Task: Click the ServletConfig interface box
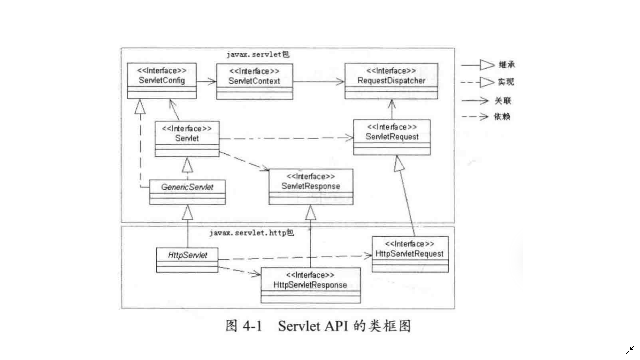pyautogui.click(x=162, y=81)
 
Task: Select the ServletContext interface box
pyautogui.click(x=255, y=81)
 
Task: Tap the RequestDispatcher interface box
pyautogui.click(x=391, y=81)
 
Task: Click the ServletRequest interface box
pyautogui.click(x=392, y=137)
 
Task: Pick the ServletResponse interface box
pyautogui.click(x=311, y=186)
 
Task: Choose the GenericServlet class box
pyautogui.click(x=187, y=192)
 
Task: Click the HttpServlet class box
pyautogui.click(x=187, y=260)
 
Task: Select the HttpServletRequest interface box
pyautogui.click(x=410, y=254)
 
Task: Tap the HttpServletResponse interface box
pyautogui.click(x=310, y=285)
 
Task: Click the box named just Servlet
pyautogui.click(x=187, y=138)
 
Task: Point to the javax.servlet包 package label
pyautogui.click(x=258, y=55)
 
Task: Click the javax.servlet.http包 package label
pyautogui.click(x=252, y=233)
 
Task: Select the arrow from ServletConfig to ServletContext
pyautogui.click(x=206, y=81)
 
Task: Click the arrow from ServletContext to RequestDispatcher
pyautogui.click(x=318, y=81)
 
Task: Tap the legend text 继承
pyautogui.click(x=507, y=65)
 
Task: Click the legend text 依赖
pyautogui.click(x=502, y=117)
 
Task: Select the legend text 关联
pyautogui.click(x=503, y=101)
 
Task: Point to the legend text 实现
pyautogui.click(x=506, y=82)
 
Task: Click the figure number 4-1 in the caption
pyautogui.click(x=252, y=326)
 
